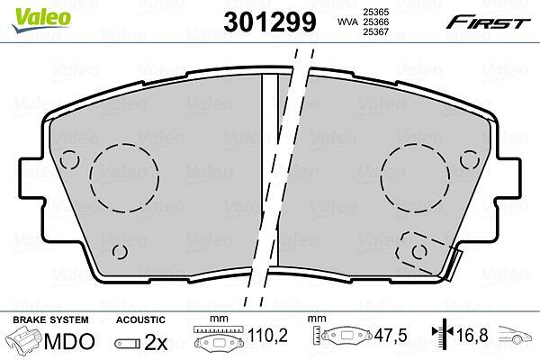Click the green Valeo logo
tap(41, 19)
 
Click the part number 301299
tap(270, 22)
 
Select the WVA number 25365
tap(376, 12)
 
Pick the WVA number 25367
tap(376, 32)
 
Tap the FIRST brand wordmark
tap(488, 22)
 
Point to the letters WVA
tap(347, 22)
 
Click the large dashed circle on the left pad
tap(125, 178)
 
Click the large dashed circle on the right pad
tap(415, 178)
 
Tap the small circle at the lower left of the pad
tap(120, 252)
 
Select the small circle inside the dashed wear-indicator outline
tap(419, 252)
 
